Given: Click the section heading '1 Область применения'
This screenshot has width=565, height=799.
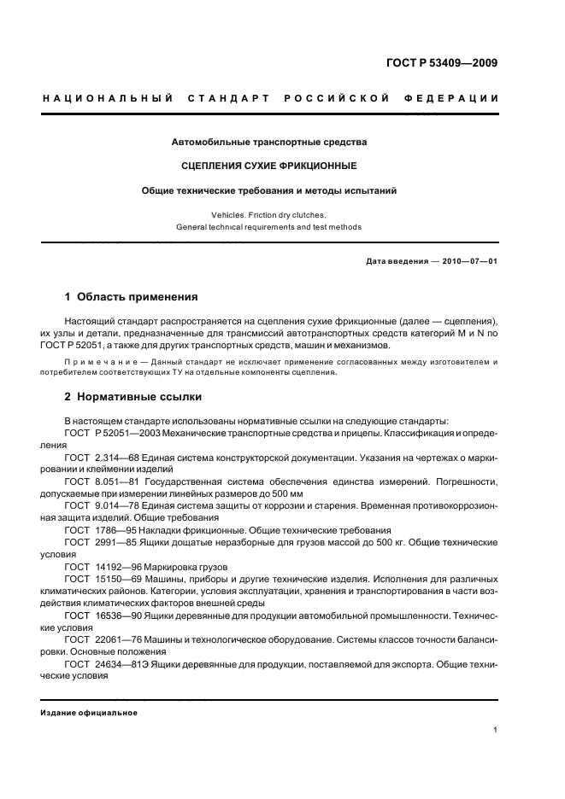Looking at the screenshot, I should pos(132,297).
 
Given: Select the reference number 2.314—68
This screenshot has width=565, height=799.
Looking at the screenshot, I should pos(121,458).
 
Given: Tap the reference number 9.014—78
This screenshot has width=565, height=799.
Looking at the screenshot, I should pos(121,505).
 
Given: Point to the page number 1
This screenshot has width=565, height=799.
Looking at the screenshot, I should pos(496,730).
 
